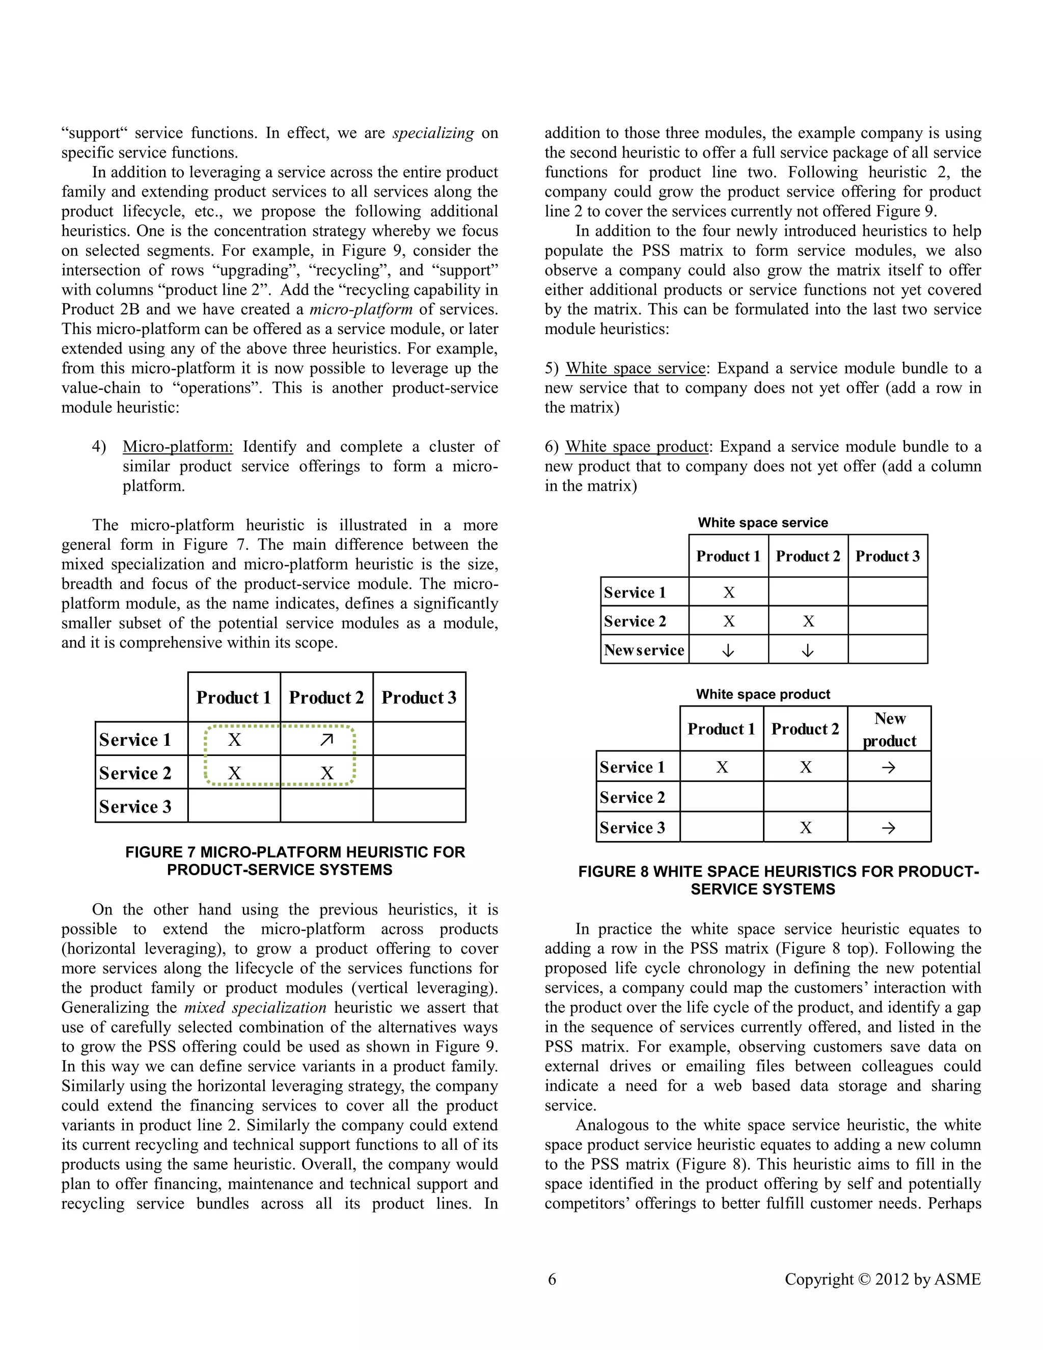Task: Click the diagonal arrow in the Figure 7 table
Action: pos(327,739)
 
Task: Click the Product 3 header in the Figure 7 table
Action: pos(419,697)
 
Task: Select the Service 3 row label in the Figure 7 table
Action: pos(135,806)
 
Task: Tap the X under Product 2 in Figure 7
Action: pos(327,773)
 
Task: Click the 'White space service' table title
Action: pos(762,522)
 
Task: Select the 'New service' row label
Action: pos(644,650)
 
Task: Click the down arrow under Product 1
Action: pos(728,650)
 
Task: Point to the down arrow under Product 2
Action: pos(808,650)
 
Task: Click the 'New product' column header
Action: pos(889,730)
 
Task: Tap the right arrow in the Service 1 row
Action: pos(889,767)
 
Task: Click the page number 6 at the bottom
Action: pos(552,1279)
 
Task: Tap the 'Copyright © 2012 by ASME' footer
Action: pos(883,1279)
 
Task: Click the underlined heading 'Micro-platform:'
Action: pos(178,446)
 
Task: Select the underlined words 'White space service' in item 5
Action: pos(635,368)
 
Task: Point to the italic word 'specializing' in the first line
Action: pos(433,133)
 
